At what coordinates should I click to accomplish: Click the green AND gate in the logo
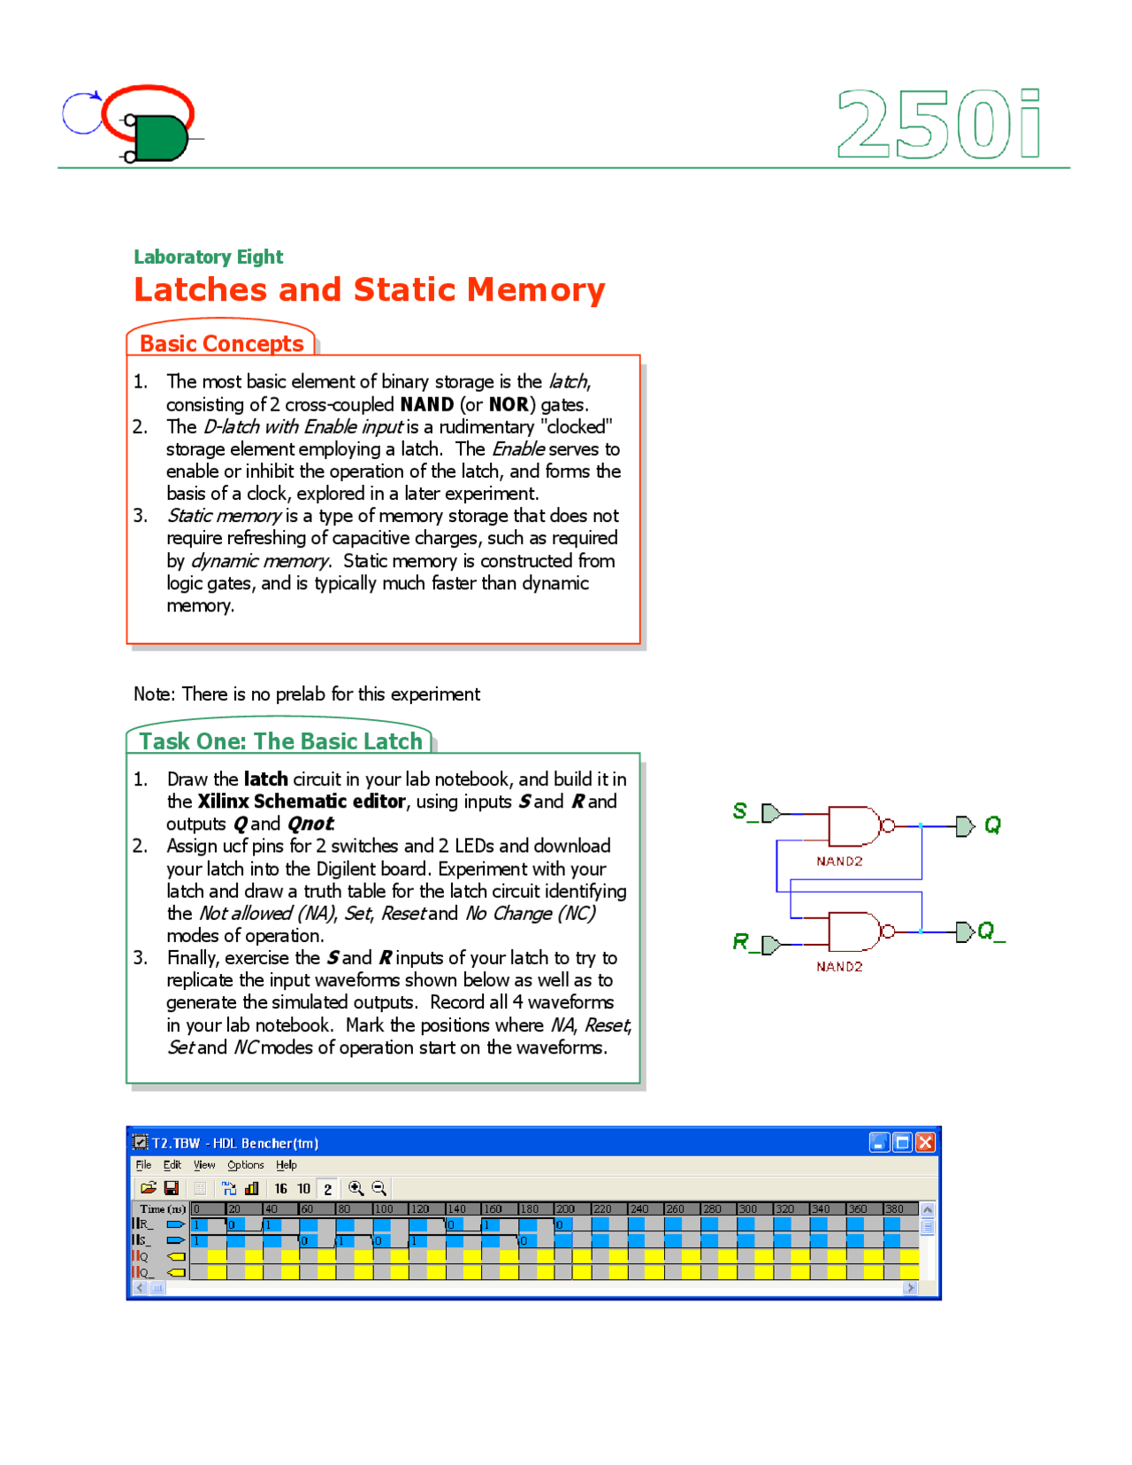[160, 138]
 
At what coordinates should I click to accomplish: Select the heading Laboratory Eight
[208, 257]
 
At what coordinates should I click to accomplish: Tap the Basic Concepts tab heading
[221, 343]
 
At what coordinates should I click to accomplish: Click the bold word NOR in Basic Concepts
[509, 404]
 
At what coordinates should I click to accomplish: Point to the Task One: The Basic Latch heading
[280, 741]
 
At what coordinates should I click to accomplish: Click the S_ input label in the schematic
[744, 810]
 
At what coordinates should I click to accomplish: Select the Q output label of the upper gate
[992, 825]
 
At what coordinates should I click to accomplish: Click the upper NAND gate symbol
[853, 825]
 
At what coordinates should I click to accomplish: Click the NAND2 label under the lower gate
[839, 967]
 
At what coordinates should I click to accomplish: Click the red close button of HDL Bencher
[925, 1142]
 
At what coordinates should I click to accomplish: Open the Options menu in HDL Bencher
[245, 1165]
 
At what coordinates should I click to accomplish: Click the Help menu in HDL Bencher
[286, 1165]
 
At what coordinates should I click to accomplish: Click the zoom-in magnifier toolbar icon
[356, 1188]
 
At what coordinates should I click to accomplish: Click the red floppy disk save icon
[172, 1188]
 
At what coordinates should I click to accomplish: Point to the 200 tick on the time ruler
[564, 1208]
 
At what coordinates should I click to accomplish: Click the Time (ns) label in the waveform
[161, 1208]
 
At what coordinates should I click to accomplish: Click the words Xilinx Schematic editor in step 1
[301, 802]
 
